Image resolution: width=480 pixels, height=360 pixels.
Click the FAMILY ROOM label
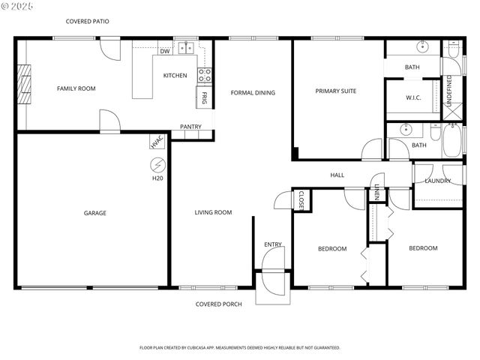[76, 89]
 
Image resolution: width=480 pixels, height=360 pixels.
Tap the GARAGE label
[94, 213]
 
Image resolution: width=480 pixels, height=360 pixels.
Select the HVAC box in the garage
[157, 142]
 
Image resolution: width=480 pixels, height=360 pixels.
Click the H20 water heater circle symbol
[157, 164]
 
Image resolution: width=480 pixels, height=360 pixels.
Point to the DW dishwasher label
[164, 52]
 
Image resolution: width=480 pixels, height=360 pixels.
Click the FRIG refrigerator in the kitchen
[203, 97]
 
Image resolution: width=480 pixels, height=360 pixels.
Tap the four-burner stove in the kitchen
[204, 75]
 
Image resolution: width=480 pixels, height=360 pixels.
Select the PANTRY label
[190, 127]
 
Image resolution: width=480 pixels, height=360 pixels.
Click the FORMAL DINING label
[253, 93]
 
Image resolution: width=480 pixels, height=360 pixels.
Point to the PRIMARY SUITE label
[335, 91]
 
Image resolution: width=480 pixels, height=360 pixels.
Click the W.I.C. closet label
[413, 97]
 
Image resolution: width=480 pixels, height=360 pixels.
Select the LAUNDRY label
[437, 181]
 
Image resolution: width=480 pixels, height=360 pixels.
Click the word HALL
[337, 175]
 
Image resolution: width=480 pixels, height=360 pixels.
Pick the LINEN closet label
[377, 192]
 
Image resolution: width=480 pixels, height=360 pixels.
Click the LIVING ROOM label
[213, 213]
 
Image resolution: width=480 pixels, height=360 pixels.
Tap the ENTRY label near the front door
[273, 245]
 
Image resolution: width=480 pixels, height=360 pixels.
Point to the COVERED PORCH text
[218, 304]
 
